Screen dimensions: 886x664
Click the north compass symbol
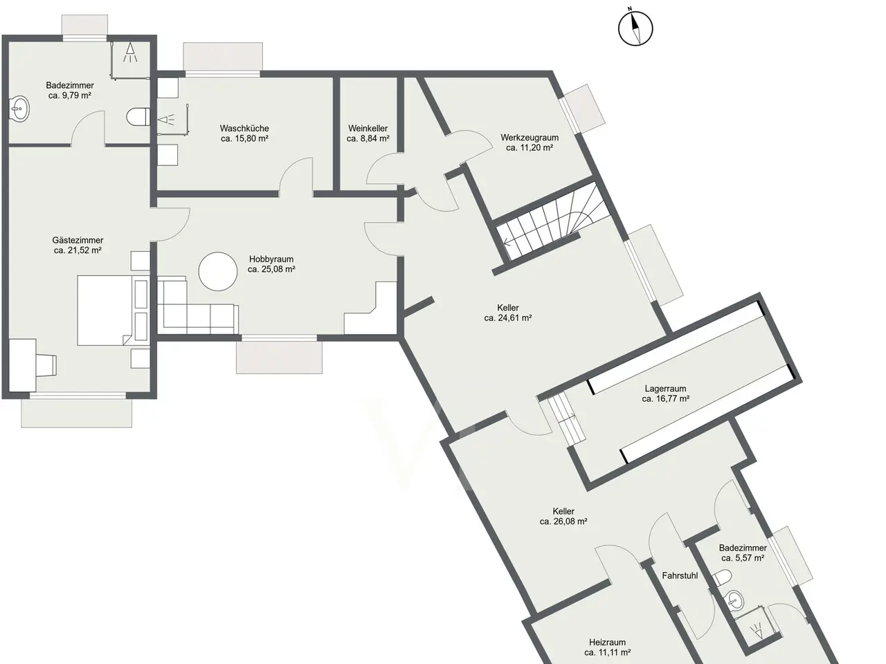click(635, 29)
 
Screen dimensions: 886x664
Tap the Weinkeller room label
click(368, 129)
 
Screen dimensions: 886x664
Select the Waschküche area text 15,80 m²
click(244, 139)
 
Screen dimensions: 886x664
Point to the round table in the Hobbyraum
click(217, 271)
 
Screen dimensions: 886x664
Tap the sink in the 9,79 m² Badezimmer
click(19, 109)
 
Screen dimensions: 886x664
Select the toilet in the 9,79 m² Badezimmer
click(138, 117)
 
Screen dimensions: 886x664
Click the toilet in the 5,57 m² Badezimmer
click(721, 578)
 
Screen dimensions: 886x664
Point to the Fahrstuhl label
click(680, 575)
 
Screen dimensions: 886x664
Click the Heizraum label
click(608, 643)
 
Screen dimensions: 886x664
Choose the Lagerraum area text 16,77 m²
click(666, 399)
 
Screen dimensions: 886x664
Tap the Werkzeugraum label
click(530, 138)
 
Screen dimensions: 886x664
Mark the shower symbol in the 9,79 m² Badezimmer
click(130, 53)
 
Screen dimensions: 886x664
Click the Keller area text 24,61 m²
click(508, 317)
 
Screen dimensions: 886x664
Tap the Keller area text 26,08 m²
click(563, 522)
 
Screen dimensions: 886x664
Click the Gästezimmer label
click(78, 240)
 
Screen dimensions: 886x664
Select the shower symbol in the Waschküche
click(166, 120)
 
